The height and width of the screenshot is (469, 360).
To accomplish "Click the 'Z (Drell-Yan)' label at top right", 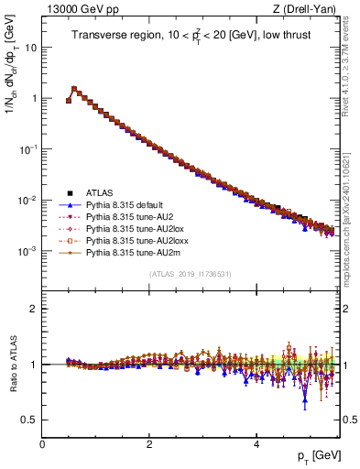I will (308, 9).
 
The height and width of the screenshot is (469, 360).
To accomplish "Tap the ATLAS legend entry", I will (101, 193).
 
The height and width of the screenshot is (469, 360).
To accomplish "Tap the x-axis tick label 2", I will (149, 443).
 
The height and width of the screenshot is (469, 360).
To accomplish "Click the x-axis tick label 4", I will (256, 443).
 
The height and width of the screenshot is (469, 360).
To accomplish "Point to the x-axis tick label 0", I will (42, 443).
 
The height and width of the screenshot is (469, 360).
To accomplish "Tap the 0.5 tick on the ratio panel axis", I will (30, 420).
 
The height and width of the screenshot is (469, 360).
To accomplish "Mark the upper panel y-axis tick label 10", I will (31, 47).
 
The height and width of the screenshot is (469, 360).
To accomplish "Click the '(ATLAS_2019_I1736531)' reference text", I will (190, 274).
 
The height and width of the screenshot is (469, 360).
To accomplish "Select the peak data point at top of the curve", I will (74, 89).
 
